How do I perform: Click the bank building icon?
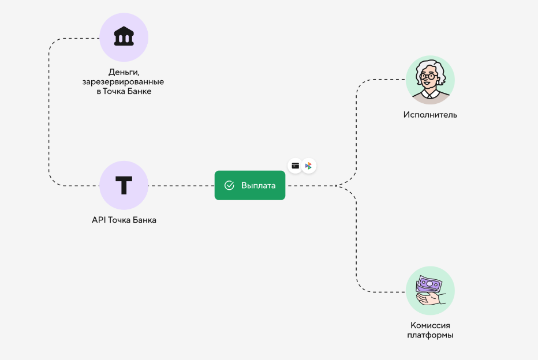tap(124, 37)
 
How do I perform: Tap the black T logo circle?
tap(124, 186)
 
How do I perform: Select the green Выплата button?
tap(249, 186)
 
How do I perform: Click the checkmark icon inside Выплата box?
tap(229, 186)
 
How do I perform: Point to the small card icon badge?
tap(295, 166)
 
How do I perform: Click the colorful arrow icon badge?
tap(309, 166)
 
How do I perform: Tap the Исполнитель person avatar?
tap(430, 80)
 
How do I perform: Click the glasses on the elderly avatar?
tap(428, 76)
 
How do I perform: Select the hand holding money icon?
tap(430, 290)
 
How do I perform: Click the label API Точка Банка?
tap(124, 220)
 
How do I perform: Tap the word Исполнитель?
tap(430, 115)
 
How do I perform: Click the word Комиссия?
tap(430, 325)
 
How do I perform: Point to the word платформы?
tap(430, 335)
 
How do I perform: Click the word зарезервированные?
tap(124, 81)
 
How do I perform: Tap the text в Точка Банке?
tap(124, 91)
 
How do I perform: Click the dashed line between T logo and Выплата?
tap(181, 186)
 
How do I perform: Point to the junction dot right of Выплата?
tap(337, 186)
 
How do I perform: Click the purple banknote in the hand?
tap(429, 284)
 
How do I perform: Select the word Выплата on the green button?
tap(258, 186)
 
